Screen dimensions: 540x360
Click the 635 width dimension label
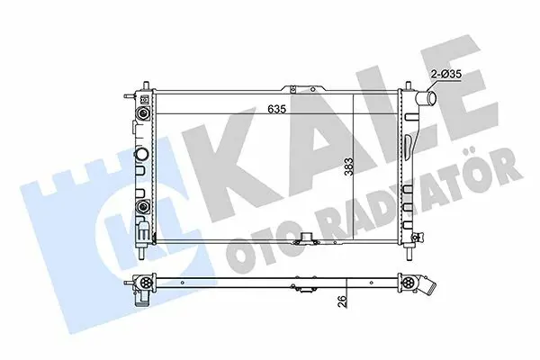[x=277, y=109]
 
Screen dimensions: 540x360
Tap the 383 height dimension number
[x=349, y=166]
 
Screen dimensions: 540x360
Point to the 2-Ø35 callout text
[x=446, y=74]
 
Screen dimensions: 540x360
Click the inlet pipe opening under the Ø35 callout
[x=427, y=98]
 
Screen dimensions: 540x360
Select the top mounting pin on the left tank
[x=146, y=85]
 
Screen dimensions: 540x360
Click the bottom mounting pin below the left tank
[x=142, y=252]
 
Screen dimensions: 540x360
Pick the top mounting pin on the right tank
[x=409, y=85]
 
